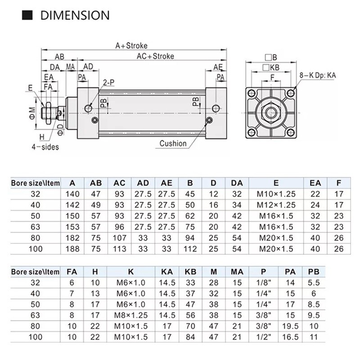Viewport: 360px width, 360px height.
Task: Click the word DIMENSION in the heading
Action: pyautogui.click(x=75, y=15)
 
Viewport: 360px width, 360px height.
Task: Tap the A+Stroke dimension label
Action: pyautogui.click(x=131, y=45)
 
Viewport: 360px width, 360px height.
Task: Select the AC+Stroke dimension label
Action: pyautogui.click(x=155, y=56)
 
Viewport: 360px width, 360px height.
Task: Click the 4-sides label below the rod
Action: pyautogui.click(x=45, y=146)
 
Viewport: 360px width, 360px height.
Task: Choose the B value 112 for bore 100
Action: pyautogui.click(x=190, y=248)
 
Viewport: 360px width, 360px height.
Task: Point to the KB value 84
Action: pyautogui.click(x=190, y=336)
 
